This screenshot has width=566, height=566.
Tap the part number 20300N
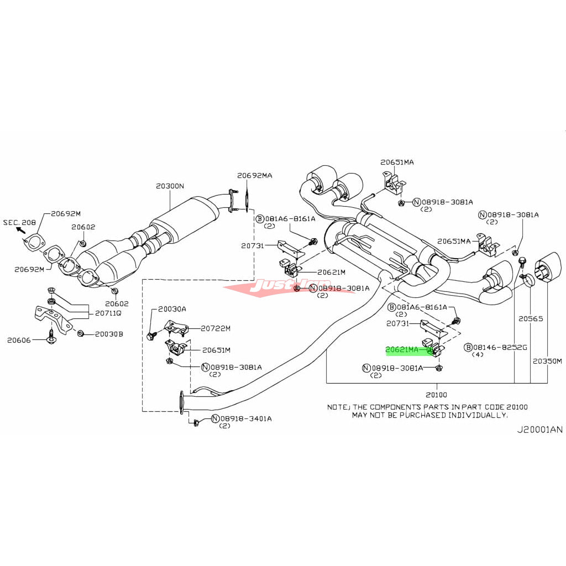click(170, 186)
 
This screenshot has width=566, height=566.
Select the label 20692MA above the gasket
click(255, 175)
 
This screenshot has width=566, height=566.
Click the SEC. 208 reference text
click(19, 222)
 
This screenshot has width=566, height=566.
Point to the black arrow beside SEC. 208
click(20, 229)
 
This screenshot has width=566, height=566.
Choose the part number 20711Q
click(108, 313)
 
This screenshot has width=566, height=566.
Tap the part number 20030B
click(109, 334)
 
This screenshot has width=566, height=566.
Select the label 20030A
click(172, 309)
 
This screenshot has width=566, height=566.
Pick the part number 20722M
click(216, 328)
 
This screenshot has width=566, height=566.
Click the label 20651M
click(216, 349)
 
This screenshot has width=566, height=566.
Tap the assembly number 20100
click(436, 395)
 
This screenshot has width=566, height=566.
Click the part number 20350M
click(547, 361)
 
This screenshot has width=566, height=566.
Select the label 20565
click(531, 318)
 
